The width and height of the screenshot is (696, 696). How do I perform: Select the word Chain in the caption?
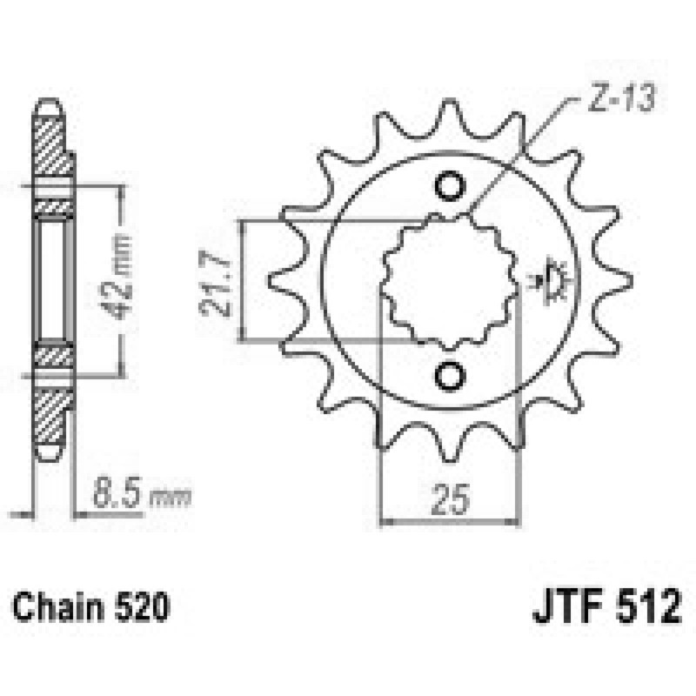[x=53, y=606]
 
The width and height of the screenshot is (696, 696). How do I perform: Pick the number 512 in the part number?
[x=642, y=606]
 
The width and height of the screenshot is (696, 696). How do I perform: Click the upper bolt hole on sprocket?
[x=451, y=187]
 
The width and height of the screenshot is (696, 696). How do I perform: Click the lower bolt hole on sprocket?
[x=451, y=373]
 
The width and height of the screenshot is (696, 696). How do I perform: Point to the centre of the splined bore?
[x=451, y=280]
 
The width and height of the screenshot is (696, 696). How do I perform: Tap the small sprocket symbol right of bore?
[x=553, y=280]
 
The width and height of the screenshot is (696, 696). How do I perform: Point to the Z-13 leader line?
[x=522, y=157]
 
